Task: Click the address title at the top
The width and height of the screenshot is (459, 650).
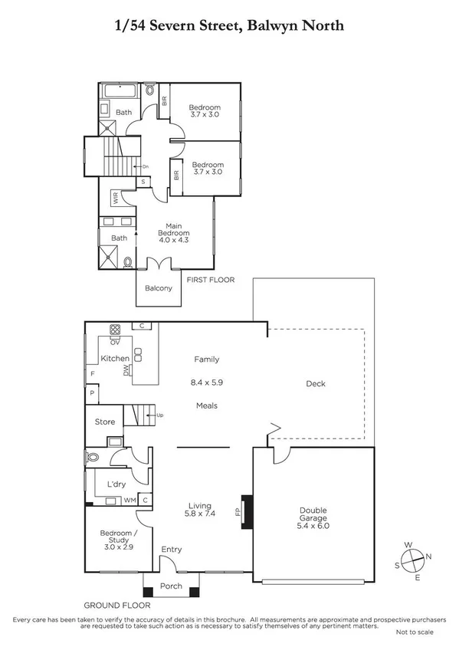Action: pos(229,26)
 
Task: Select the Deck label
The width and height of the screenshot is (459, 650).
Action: pos(316,384)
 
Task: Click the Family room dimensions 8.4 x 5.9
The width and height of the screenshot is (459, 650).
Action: pos(207,382)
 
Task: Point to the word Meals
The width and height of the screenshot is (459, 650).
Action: pos(207,405)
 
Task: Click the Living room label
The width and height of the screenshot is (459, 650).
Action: pos(202,505)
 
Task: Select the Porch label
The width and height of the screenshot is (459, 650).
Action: pos(170,587)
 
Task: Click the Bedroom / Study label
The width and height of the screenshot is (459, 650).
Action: pos(119,537)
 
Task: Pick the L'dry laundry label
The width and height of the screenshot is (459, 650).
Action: pos(116,485)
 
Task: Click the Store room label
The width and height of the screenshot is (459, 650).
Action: pos(105,421)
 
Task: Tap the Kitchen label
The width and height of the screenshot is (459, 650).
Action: pos(115,358)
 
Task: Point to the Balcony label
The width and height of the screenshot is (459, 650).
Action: pos(159,289)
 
